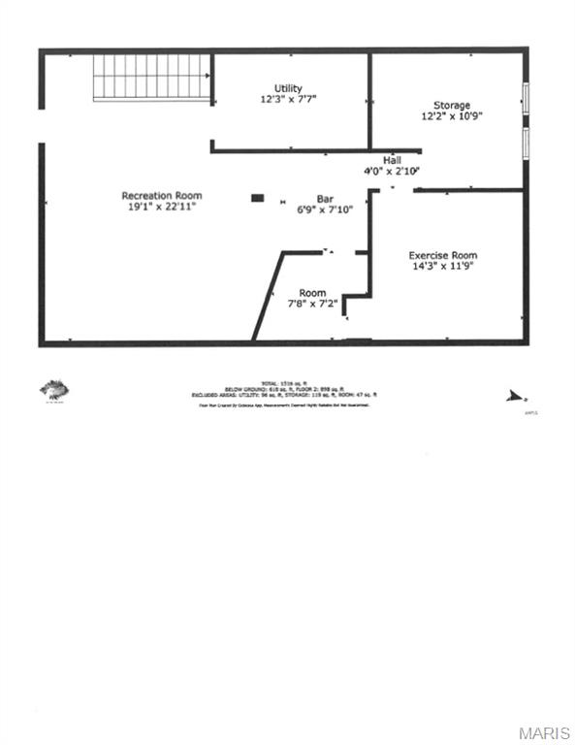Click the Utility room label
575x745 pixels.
pos(288,87)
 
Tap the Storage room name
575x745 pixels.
pos(452,105)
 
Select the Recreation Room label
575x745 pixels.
pos(162,196)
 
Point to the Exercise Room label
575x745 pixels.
pos(442,255)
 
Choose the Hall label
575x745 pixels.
pos(392,160)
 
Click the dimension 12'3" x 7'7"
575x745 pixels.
pos(288,99)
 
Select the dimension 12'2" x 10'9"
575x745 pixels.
pos(452,116)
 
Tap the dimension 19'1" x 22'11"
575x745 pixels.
pos(162,207)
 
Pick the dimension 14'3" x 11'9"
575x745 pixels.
pos(442,267)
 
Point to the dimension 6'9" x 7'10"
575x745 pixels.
pos(325,209)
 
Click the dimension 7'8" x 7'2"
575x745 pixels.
pos(312,304)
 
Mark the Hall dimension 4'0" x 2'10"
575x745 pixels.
pos(392,171)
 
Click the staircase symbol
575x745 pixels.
pos(152,77)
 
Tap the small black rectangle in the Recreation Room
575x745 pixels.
pos(257,198)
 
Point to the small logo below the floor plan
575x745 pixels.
pos(54,390)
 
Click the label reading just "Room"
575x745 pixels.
pos(312,293)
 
